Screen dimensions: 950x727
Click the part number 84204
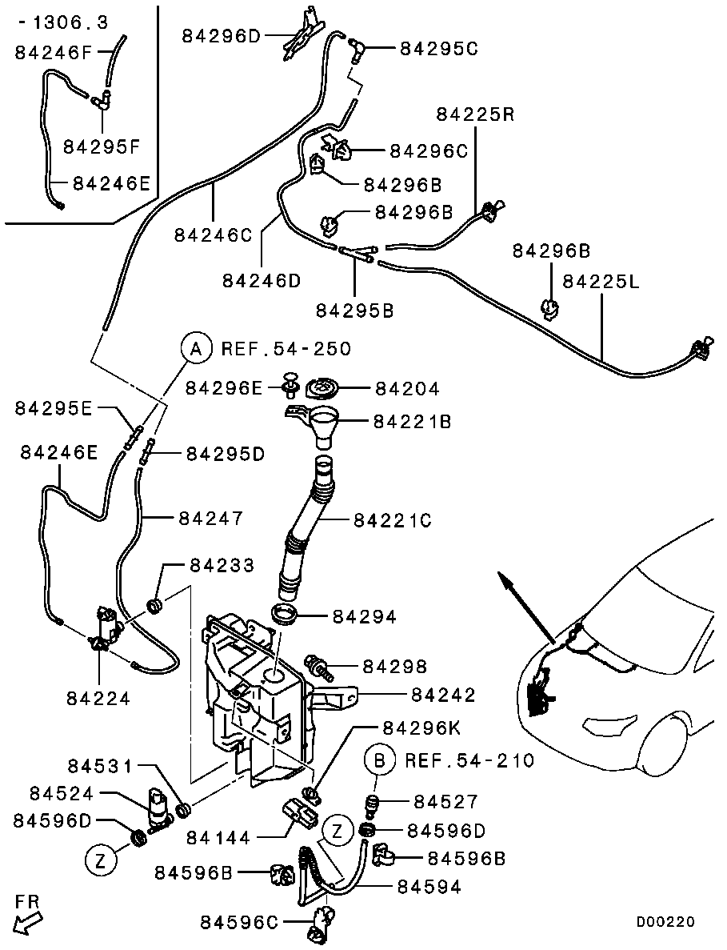click(407, 389)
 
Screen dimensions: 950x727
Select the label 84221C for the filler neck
click(392, 521)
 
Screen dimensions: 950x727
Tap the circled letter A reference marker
click(194, 348)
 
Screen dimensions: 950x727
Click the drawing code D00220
click(665, 922)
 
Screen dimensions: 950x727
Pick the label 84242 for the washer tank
click(443, 695)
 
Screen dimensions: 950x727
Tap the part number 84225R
click(475, 114)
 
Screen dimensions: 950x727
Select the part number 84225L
click(601, 282)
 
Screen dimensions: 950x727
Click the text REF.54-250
click(286, 349)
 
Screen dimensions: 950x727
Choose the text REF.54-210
click(469, 760)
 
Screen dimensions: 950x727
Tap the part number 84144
click(218, 838)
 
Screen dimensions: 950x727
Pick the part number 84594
click(430, 888)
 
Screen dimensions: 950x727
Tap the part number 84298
click(395, 666)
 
